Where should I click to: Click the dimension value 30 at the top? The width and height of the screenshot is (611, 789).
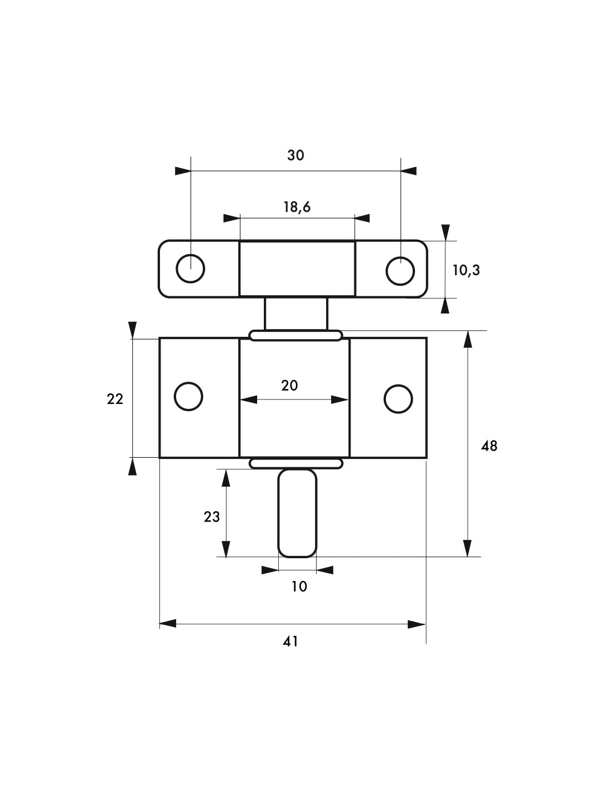tap(296, 155)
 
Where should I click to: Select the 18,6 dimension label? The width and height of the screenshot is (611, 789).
tap(297, 207)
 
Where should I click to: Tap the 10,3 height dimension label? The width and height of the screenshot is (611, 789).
tap(466, 270)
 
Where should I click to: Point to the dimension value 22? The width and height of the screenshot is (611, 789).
tap(115, 398)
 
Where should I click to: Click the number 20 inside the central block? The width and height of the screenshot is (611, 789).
tap(289, 385)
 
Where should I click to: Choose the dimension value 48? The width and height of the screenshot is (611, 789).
tap(489, 446)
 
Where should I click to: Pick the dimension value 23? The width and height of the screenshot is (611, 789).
tap(212, 517)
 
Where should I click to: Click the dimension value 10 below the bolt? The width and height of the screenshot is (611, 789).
tap(299, 586)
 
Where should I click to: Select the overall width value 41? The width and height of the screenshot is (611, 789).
tap(291, 641)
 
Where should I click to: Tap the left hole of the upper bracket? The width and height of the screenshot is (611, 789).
tap(191, 269)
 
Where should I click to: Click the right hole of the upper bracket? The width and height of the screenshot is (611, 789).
tap(400, 271)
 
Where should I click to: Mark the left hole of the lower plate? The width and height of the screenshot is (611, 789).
tap(188, 397)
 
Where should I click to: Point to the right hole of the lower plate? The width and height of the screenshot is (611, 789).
tap(398, 399)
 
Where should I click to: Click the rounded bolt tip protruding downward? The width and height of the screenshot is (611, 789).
tap(297, 513)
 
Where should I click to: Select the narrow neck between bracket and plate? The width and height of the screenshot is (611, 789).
tap(296, 314)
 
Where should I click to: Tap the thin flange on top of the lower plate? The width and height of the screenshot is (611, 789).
tap(296, 335)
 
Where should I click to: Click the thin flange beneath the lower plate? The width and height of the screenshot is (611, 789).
tap(296, 463)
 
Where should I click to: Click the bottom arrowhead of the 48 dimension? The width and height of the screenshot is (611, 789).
tap(468, 548)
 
